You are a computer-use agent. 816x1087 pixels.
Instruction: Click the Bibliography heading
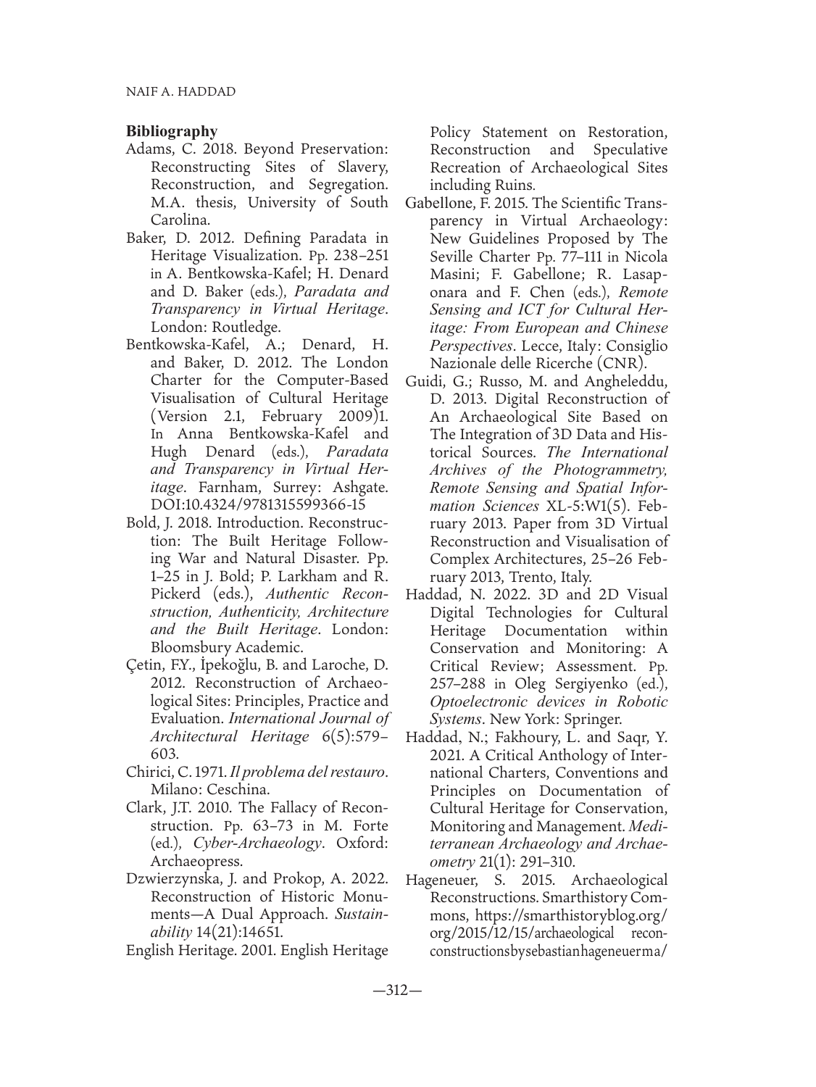click(172, 131)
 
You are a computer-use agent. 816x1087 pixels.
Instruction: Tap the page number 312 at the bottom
click(407, 991)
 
